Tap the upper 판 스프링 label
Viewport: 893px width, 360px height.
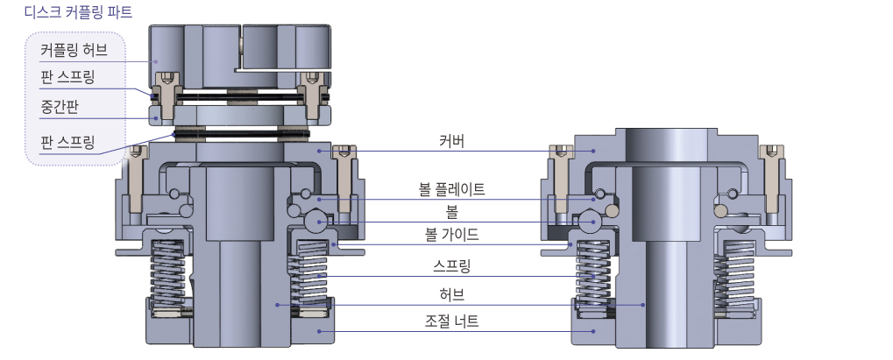pyautogui.click(x=67, y=76)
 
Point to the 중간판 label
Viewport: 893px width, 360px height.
pyautogui.click(x=60, y=105)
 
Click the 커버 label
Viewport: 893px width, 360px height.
pyautogui.click(x=451, y=140)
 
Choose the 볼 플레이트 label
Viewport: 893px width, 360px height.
pyautogui.click(x=451, y=189)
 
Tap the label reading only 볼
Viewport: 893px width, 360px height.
pyautogui.click(x=451, y=211)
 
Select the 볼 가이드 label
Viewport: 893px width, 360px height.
pyautogui.click(x=451, y=234)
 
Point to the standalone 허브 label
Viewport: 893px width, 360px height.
pyautogui.click(x=451, y=294)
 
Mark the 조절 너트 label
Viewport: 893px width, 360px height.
pyautogui.click(x=451, y=321)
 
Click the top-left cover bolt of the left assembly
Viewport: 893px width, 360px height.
pyautogui.click(x=136, y=175)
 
